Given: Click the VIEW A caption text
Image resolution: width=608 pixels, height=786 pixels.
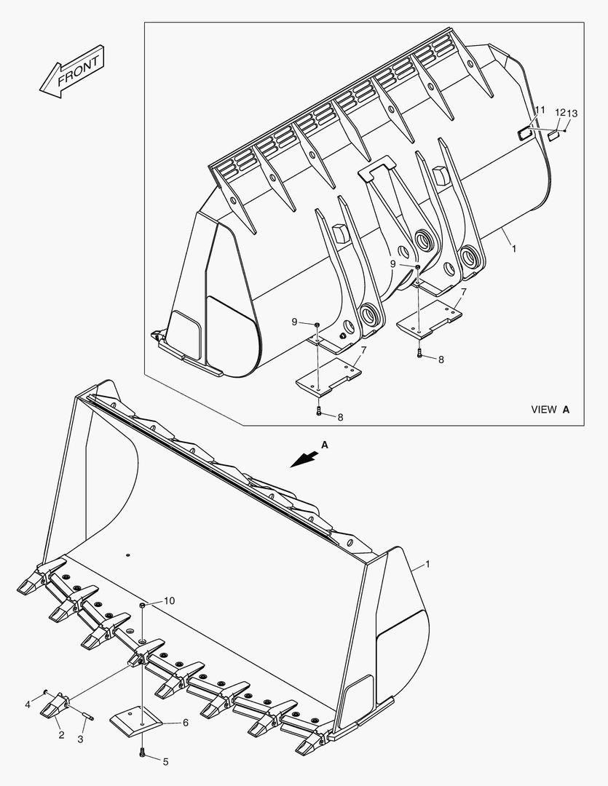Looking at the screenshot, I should pos(550,410).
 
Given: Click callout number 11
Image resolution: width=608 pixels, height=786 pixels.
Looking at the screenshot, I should pos(540,110).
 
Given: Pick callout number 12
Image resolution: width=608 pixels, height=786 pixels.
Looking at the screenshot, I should pos(559,113).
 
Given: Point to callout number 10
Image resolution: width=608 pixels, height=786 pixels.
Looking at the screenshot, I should pos(169,600).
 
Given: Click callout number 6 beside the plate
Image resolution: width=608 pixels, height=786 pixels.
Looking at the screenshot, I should pos(185,723).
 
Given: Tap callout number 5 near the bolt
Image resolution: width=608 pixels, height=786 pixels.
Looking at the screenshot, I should pos(165,762).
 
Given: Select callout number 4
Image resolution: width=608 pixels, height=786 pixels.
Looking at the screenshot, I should pos(28,704).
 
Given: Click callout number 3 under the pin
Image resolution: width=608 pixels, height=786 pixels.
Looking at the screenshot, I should pos(81,739).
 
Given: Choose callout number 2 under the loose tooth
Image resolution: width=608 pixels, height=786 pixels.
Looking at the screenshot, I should pos(61,735).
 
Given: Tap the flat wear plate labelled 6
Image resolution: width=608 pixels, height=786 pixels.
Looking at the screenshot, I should pos(137,722).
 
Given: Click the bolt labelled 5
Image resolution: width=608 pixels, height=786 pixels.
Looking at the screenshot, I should pos(143,753).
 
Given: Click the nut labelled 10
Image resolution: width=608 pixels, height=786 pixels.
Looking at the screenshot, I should pos(143,605).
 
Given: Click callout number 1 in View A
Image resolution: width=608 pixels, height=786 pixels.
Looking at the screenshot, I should pos(514,248).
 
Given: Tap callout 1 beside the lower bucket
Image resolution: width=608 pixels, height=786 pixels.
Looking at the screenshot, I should pos(427,564).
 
